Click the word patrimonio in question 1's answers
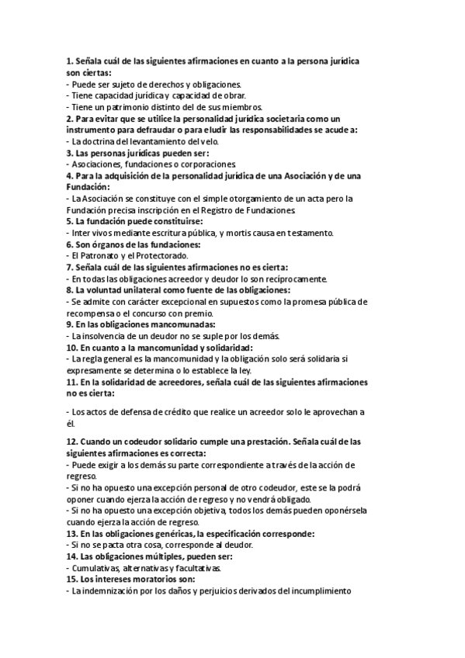point(127,107)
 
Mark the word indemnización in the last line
point(116,591)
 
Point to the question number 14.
point(71,556)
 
